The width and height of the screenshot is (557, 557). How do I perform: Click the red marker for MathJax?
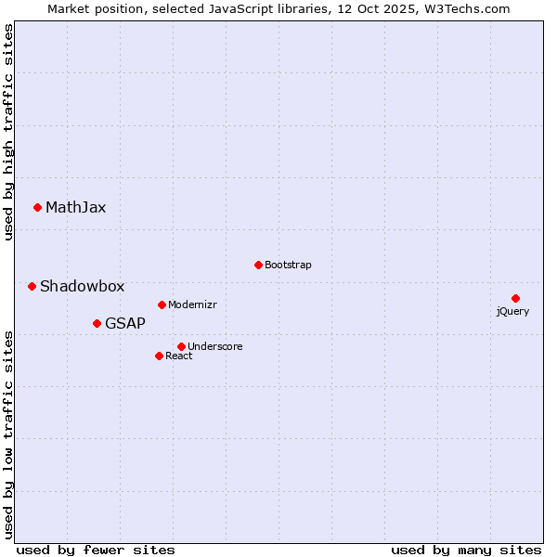click(37, 207)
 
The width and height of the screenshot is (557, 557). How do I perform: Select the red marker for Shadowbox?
click(32, 286)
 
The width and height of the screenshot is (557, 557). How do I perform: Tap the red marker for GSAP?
click(97, 323)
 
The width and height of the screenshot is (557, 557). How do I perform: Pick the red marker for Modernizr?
click(162, 304)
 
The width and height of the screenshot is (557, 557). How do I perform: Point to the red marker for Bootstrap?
click(258, 265)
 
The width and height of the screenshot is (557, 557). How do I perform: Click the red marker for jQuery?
click(515, 298)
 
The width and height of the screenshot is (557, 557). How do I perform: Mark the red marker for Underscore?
click(181, 346)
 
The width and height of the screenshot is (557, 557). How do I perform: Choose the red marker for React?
click(159, 356)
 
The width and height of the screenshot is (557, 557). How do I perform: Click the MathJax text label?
click(76, 207)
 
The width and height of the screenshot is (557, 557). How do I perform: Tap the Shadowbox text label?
click(82, 286)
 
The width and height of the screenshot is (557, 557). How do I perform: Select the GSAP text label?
click(125, 323)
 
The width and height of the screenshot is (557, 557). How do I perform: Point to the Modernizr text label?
click(192, 304)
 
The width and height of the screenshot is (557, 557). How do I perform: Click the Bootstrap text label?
click(288, 265)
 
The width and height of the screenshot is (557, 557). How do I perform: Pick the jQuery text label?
click(512, 311)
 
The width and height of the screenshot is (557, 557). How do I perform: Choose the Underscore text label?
click(215, 346)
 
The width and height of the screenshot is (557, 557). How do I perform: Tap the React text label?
click(179, 356)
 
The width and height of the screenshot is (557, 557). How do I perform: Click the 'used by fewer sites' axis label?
click(96, 550)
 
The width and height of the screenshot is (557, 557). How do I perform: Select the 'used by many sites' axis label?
click(466, 550)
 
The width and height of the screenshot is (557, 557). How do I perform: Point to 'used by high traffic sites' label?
click(8, 132)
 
